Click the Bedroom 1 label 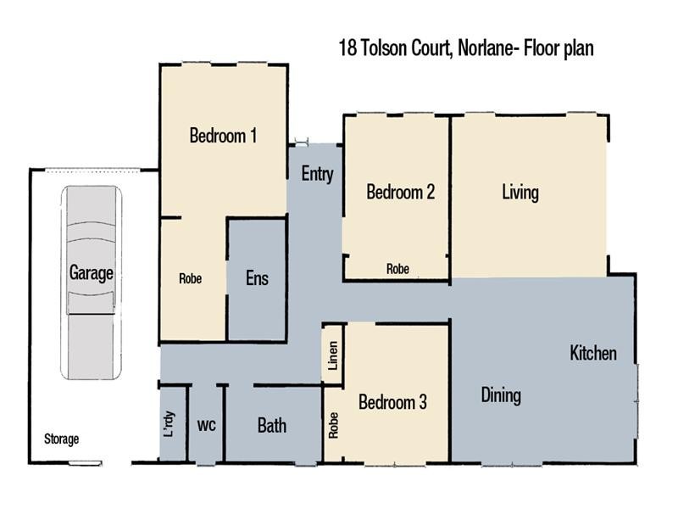coord(223,136)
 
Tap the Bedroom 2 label coord(400,193)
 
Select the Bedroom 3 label coord(392,402)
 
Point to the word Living coord(520,193)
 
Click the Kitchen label coord(593,353)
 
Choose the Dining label coord(501,395)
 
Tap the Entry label coord(317,175)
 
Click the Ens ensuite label coord(257,278)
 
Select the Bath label coord(271,426)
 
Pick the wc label coord(207,425)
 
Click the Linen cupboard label coord(333,359)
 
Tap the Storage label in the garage coord(62,439)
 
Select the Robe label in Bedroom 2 coord(397,269)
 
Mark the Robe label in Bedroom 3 coord(333,425)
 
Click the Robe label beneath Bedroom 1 coord(190,278)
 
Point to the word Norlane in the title coord(486,49)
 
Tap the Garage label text coord(91,273)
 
